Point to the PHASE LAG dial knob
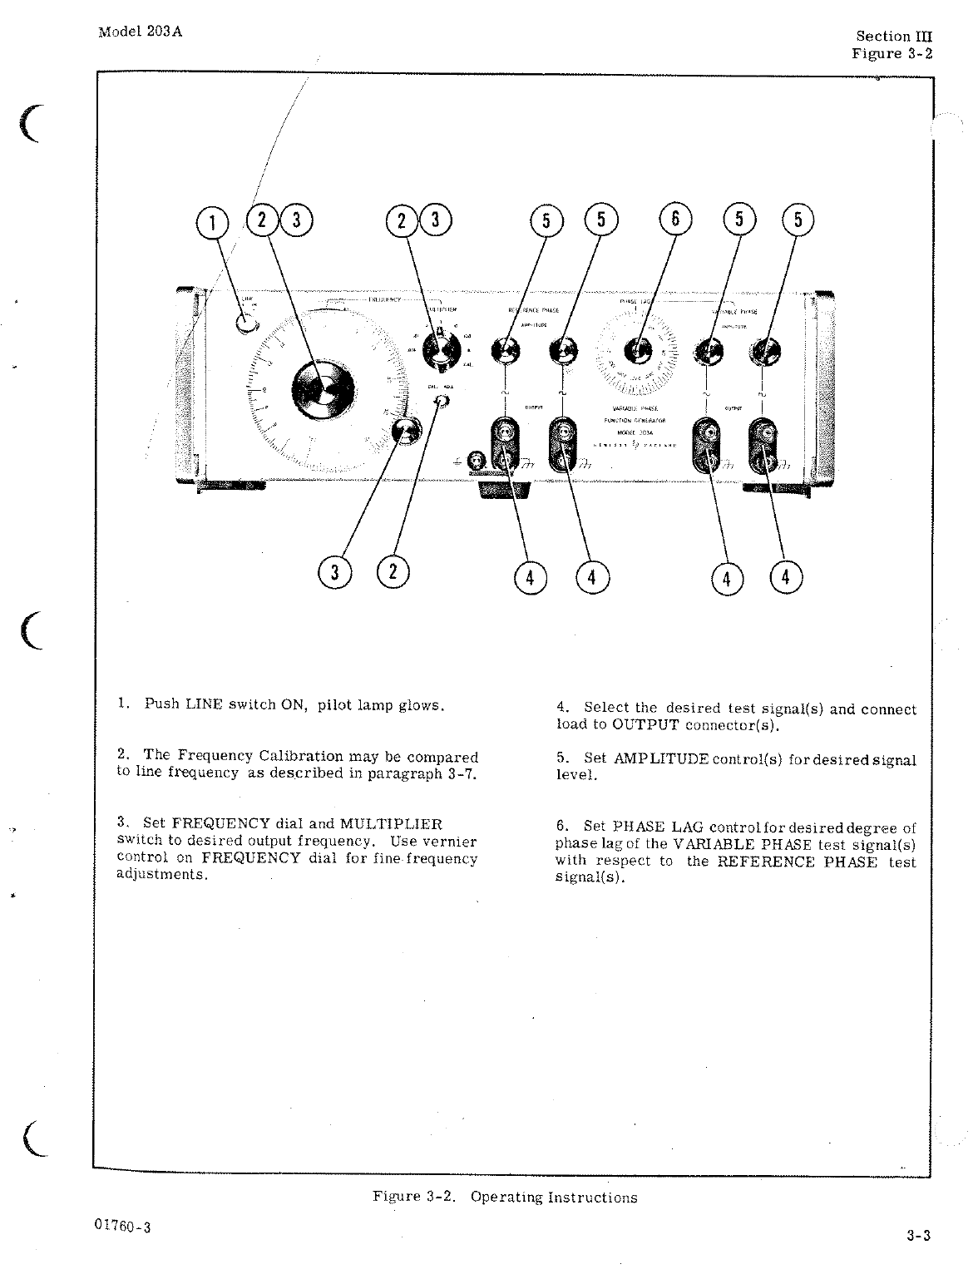[x=638, y=351]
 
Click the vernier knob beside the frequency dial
[x=406, y=431]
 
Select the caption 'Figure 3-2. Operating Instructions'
[x=505, y=1197]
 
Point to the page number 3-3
[x=918, y=1235]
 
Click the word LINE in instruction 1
[x=204, y=704]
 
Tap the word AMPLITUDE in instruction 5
[x=660, y=759]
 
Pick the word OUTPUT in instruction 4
[x=645, y=724]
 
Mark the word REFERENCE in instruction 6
[x=765, y=862]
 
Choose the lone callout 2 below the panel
[x=393, y=573]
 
